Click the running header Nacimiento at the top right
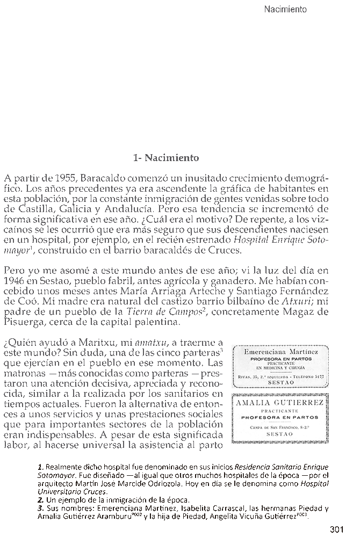(x=285, y=9)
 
